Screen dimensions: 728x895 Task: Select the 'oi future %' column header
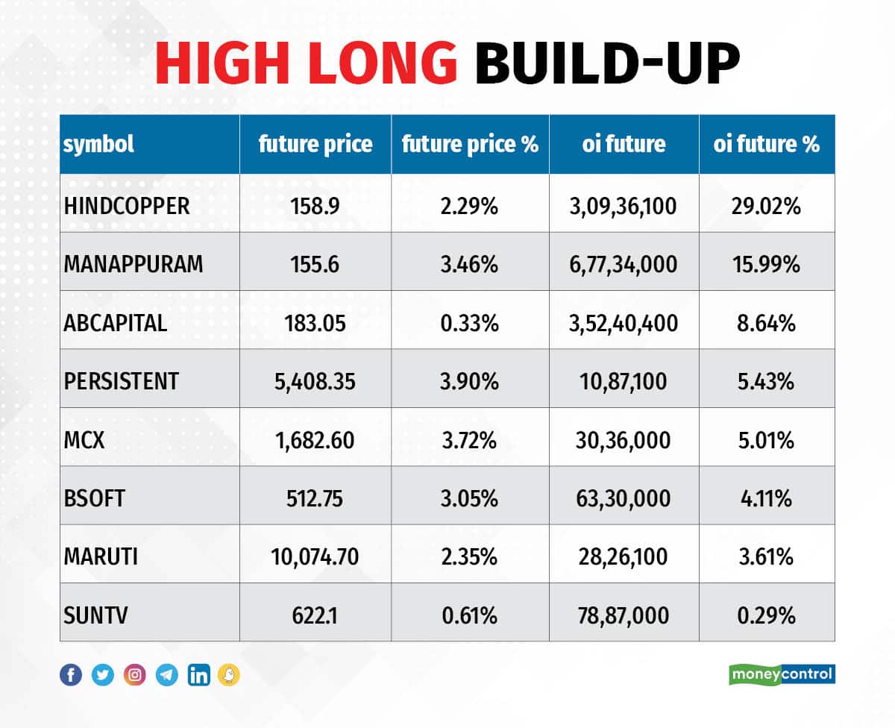point(766,144)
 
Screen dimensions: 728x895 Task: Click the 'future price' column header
point(315,144)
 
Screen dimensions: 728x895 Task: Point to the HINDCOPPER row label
point(126,206)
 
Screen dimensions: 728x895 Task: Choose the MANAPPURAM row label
point(134,264)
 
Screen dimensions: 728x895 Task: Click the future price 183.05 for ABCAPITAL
point(315,323)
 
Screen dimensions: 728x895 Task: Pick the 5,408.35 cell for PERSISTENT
point(315,381)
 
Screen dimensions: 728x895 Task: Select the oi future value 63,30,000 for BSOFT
point(624,498)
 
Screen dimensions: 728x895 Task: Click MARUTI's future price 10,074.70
point(315,556)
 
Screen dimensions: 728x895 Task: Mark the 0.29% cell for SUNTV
point(766,615)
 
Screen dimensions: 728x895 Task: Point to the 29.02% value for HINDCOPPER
point(766,206)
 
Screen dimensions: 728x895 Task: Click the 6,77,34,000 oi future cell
point(624,264)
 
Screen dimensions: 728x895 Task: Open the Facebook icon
point(71,675)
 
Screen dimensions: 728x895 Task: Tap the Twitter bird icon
point(103,675)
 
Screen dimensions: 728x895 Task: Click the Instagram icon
point(135,675)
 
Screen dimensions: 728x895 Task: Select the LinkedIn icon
point(199,675)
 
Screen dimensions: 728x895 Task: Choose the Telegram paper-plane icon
point(167,675)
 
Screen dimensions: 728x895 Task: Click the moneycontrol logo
point(782,674)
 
